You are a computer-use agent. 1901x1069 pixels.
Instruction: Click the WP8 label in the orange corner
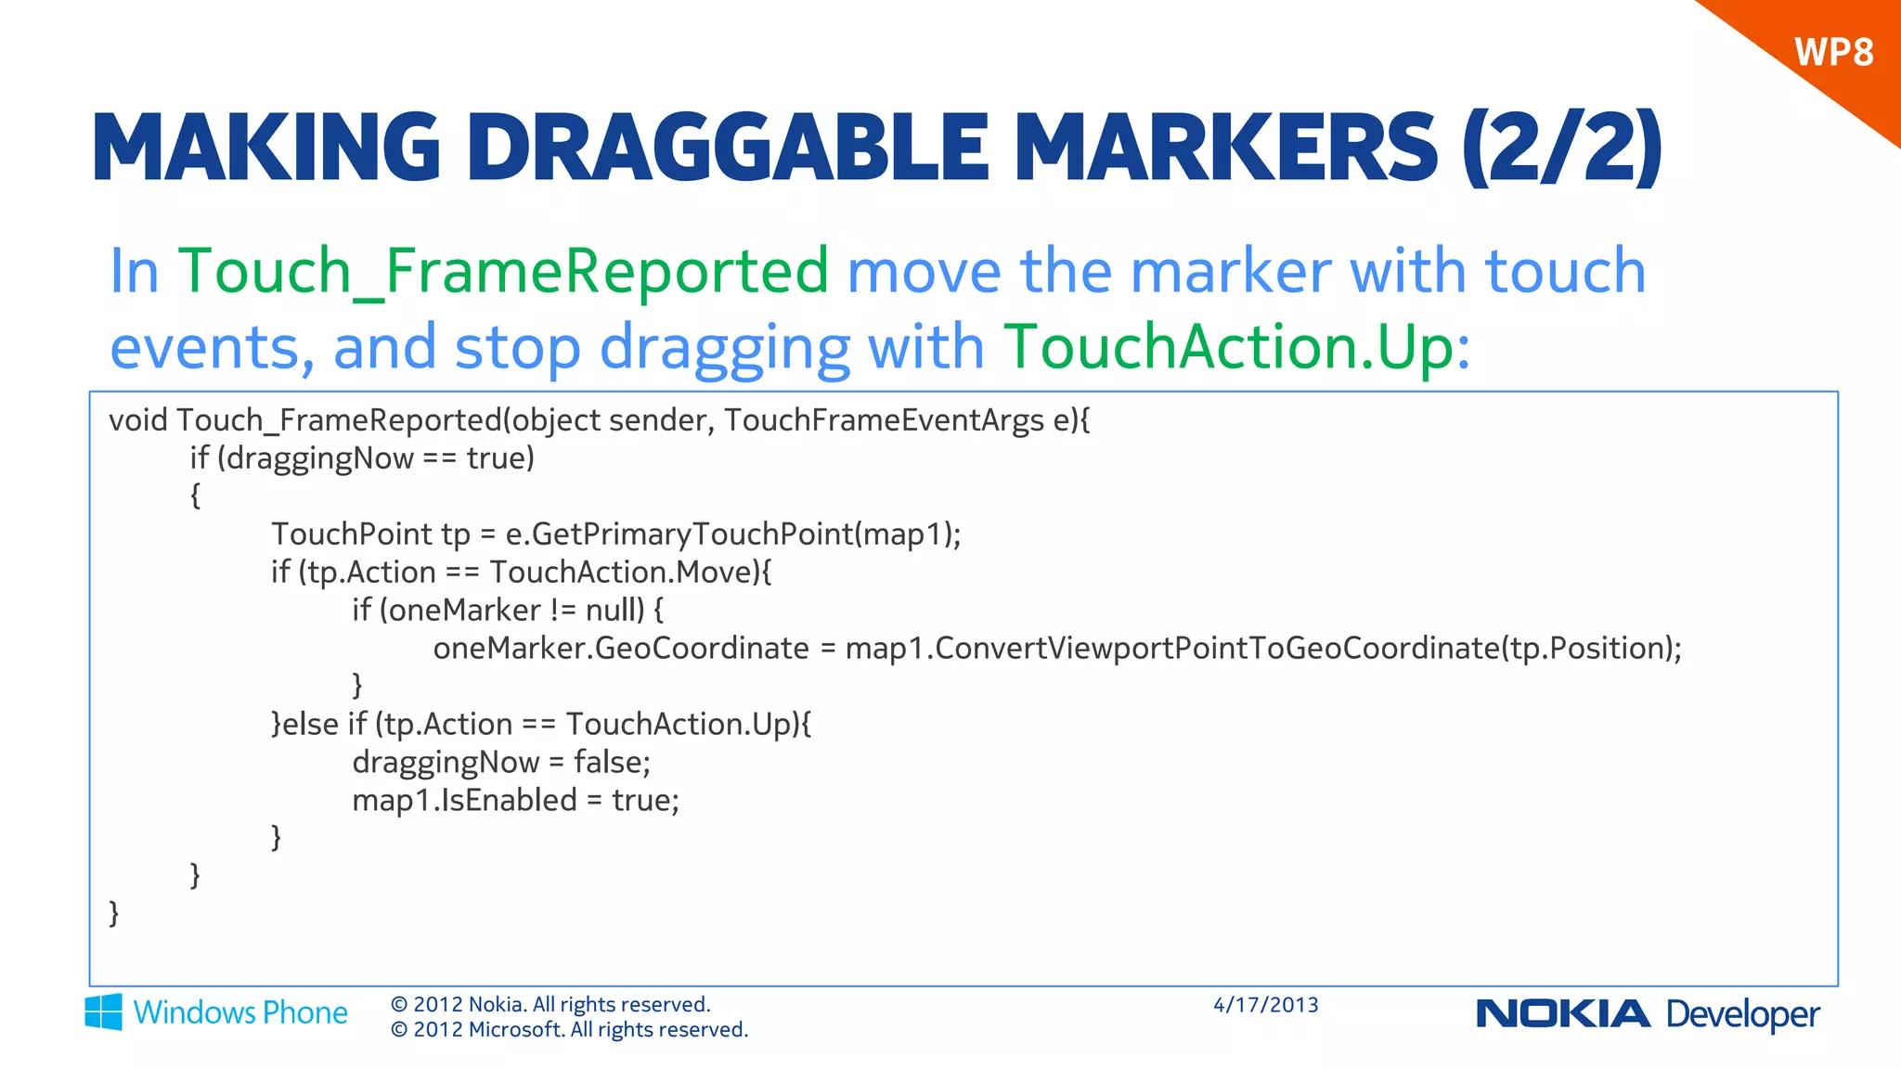pos(1833,53)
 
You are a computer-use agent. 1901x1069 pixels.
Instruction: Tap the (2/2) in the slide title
pos(1561,148)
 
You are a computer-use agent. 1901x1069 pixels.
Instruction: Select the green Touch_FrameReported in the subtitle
pos(503,271)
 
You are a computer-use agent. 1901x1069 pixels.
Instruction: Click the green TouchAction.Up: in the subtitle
pos(1237,347)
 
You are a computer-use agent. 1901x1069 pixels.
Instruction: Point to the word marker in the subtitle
pos(1231,271)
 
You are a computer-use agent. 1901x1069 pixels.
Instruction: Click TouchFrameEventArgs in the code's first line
pos(884,420)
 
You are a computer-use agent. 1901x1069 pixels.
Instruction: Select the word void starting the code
pos(138,420)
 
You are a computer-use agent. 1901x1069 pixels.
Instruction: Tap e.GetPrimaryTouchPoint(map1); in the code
pos(732,534)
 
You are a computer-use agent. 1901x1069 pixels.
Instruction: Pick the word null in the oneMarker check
pos(614,611)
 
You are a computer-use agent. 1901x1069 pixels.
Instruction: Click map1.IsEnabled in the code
pos(464,801)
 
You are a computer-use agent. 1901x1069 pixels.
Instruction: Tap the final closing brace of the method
pos(114,913)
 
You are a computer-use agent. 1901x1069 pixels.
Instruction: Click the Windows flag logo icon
pos(103,1011)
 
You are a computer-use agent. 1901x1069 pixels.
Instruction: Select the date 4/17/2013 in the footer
pos(1265,1005)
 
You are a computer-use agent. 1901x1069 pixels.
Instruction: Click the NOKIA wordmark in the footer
pos(1562,1014)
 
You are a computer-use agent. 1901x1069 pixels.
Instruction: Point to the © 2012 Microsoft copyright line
pos(569,1030)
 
